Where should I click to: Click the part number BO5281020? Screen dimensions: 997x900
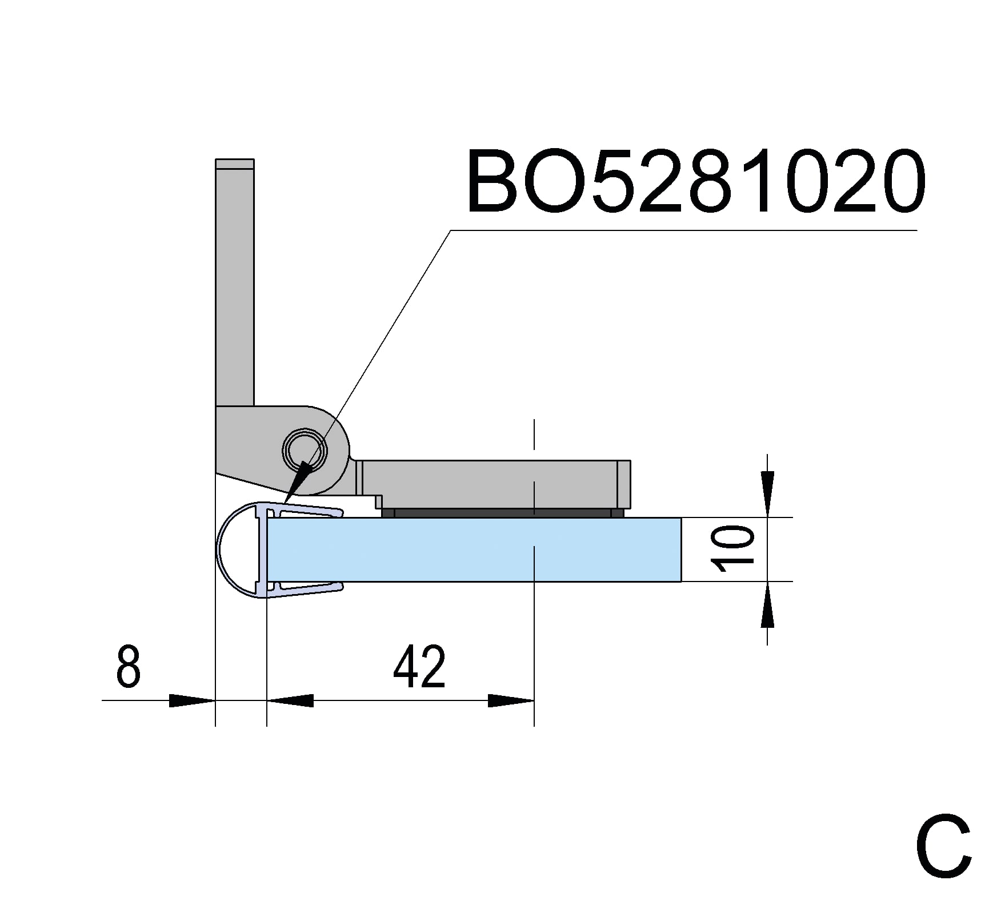coord(695,181)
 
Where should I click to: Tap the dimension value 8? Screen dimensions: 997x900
coord(128,666)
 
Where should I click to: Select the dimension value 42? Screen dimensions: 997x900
coord(419,666)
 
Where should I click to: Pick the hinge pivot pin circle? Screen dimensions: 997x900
coord(306,450)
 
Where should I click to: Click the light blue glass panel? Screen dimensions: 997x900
coord(474,549)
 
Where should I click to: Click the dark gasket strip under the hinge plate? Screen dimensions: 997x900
coord(503,513)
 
